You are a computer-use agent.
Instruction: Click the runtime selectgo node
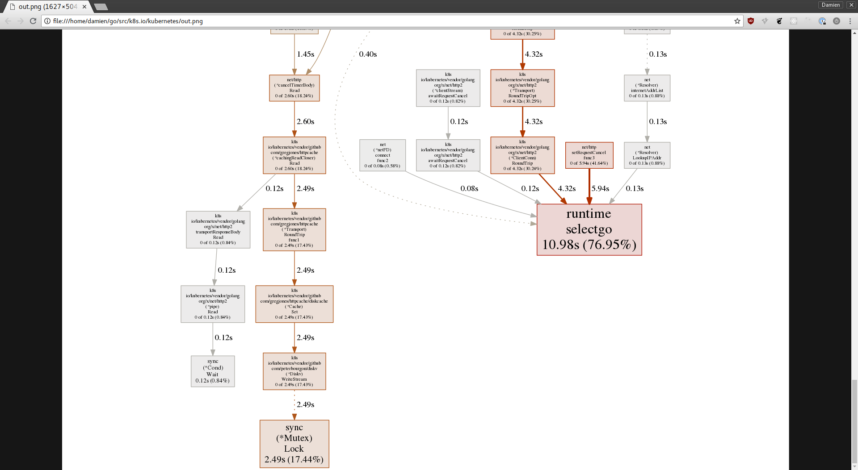pos(589,229)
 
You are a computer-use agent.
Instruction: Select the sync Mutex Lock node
pos(294,444)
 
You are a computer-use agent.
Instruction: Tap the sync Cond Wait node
pos(213,371)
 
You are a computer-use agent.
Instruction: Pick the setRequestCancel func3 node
pos(589,155)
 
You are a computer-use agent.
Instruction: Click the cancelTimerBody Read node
pos(294,88)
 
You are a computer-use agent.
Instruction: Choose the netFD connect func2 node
pos(383,155)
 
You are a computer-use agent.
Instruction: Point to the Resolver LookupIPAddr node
pos(647,155)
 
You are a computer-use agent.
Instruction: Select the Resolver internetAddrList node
pos(647,88)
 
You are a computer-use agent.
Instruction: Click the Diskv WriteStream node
pos(294,371)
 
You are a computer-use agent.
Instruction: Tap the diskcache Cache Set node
pos(294,304)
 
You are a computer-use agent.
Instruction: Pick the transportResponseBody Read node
pos(218,229)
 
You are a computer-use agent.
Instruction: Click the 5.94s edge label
pos(600,188)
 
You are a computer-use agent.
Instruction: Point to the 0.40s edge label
pos(368,54)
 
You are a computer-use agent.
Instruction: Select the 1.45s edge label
pos(306,54)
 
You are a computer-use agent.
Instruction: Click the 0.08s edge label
pos(469,188)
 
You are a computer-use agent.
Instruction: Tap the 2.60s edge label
pos(306,121)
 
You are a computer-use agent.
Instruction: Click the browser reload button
pos(33,21)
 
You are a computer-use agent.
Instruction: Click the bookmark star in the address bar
pos(737,21)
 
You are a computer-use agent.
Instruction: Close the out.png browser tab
pos(84,7)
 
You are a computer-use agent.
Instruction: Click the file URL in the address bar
pos(128,21)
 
